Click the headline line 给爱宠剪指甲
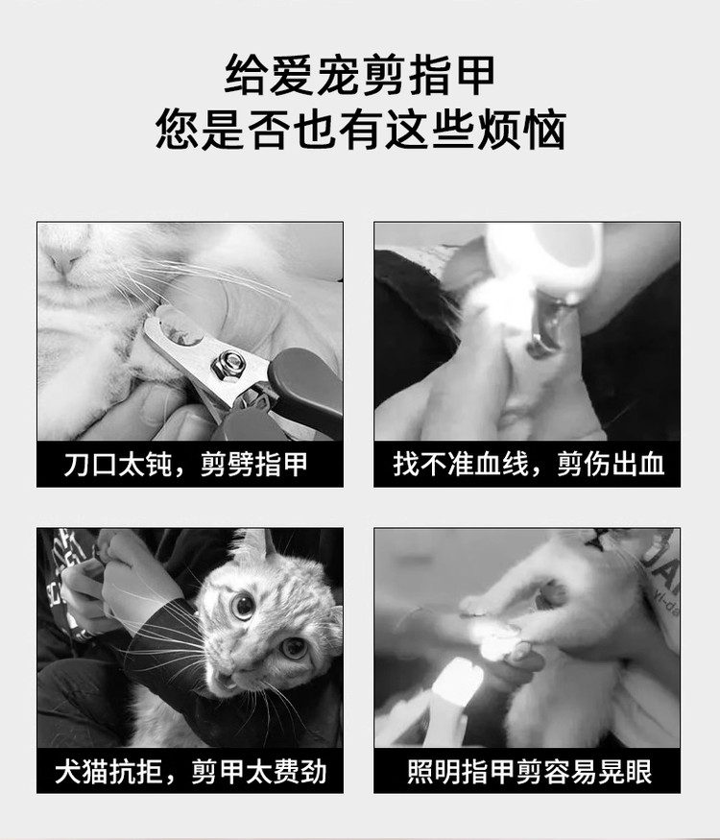click(x=359, y=75)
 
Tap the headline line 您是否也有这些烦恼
click(x=361, y=129)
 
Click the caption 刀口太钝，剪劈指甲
click(x=185, y=464)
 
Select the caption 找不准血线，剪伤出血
click(x=528, y=464)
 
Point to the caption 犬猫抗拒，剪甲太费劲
click(x=191, y=772)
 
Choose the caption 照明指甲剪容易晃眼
click(x=529, y=772)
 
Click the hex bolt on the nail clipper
click(x=227, y=364)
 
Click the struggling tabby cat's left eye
click(x=243, y=606)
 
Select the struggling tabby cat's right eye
click(x=294, y=648)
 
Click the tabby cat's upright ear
click(x=256, y=547)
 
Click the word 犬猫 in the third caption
click(x=82, y=772)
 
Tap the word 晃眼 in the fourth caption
click(x=625, y=772)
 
